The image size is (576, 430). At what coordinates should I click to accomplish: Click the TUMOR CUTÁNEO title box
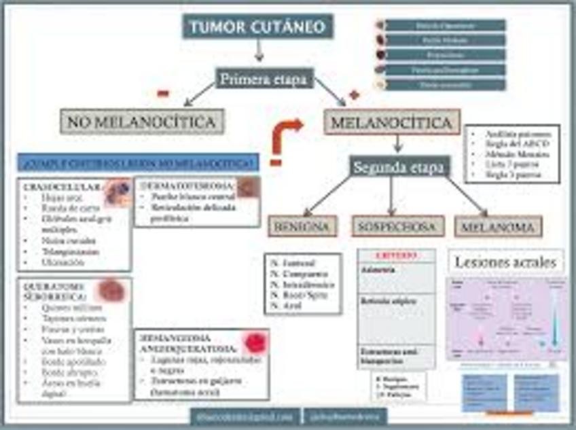coord(257,26)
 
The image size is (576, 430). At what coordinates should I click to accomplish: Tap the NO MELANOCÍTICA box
coord(142,122)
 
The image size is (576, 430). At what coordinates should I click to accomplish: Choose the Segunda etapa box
coord(399,168)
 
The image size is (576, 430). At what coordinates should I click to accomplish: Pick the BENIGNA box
coord(302,226)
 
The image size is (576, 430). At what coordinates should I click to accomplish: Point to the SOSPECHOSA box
coord(397,226)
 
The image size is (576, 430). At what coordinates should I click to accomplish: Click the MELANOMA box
coord(498,227)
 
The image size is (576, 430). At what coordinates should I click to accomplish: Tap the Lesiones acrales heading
coord(506,262)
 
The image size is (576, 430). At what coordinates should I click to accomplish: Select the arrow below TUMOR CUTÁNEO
coord(258,50)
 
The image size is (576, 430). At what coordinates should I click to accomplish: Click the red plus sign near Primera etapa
coord(353,94)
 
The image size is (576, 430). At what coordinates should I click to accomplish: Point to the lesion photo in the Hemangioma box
coord(255,342)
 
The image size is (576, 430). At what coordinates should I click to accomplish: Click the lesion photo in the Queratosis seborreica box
coord(109,290)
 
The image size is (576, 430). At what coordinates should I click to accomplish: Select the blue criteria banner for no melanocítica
coord(139,162)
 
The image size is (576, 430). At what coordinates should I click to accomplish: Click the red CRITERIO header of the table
coord(396,255)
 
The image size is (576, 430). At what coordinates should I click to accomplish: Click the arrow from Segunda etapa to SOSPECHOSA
coord(392,196)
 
